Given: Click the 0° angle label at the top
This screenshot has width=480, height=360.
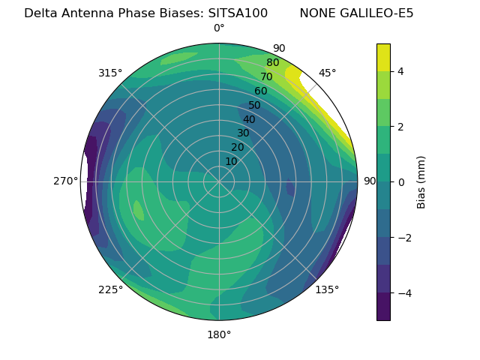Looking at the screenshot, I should tap(219, 28).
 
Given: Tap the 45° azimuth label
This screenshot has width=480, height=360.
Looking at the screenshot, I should tap(327, 73).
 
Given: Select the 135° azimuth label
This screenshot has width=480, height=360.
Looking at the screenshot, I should tap(327, 289).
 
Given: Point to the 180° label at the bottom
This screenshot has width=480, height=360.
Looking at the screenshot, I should tap(219, 334).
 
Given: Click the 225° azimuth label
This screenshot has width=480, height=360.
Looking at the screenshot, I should tap(110, 289).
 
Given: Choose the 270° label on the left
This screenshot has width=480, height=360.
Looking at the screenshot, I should tap(67, 181).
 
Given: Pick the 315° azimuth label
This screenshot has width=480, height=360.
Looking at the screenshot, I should tap(110, 73).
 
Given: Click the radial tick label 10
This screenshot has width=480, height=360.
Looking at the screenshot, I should tap(231, 161).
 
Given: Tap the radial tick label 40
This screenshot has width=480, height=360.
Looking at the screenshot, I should tap(249, 119).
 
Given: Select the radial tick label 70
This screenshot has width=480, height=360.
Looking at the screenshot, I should tap(266, 76).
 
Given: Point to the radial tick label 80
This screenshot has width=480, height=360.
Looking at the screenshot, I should tap(272, 63).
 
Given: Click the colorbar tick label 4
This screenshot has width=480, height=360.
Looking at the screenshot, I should tap(401, 71).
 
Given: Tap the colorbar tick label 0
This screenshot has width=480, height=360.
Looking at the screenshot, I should tap(401, 181).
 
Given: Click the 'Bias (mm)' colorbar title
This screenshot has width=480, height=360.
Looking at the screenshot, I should tap(421, 181).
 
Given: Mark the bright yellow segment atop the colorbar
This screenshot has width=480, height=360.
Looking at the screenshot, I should tap(383, 57).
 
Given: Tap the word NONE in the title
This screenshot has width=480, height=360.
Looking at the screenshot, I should tap(316, 13).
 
